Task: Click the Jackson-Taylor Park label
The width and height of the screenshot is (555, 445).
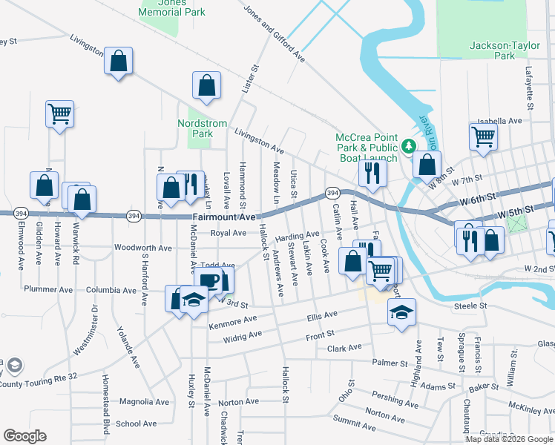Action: click(x=493, y=50)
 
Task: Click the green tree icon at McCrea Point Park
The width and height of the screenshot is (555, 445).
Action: click(x=407, y=147)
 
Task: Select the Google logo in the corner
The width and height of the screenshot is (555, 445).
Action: click(x=24, y=436)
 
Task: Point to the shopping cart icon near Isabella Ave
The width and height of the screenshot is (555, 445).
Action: click(x=483, y=136)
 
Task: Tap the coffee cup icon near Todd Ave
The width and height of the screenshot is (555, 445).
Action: click(x=210, y=280)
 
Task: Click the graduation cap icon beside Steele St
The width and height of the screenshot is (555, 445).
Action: click(x=401, y=311)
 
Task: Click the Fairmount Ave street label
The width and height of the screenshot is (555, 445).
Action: click(x=223, y=217)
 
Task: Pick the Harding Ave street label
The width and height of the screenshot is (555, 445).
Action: click(x=297, y=237)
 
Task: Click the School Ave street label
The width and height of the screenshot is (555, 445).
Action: click(x=137, y=423)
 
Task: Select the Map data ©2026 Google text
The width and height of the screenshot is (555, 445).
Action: click(x=509, y=439)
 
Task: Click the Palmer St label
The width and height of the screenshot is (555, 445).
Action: click(x=390, y=363)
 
